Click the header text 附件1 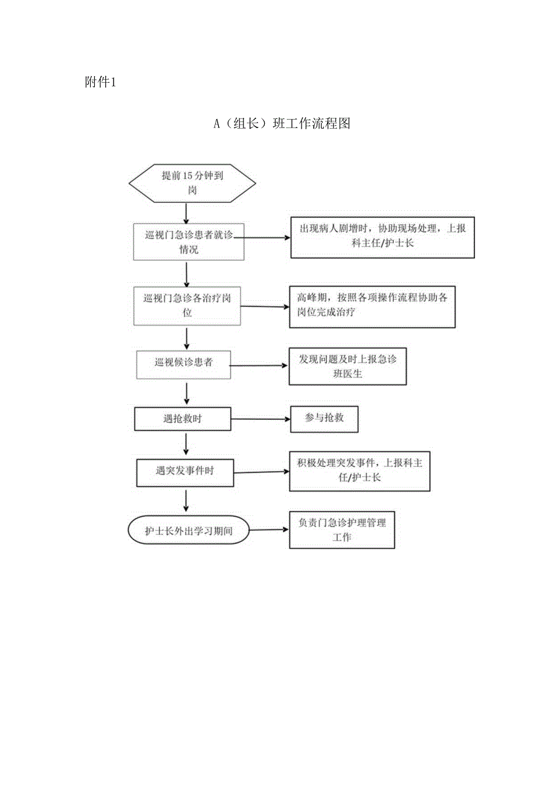100,83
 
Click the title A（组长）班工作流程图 282,124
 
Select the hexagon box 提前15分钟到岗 191,183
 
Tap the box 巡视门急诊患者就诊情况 189,242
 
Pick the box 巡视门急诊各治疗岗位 187,306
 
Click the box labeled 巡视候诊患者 183,364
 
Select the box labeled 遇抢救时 183,418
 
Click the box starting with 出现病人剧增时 382,237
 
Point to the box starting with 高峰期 372,306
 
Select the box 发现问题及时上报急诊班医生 347,367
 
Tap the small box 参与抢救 324,418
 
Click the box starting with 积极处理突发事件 360,471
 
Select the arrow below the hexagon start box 186,213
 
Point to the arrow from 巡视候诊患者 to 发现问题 259,366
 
